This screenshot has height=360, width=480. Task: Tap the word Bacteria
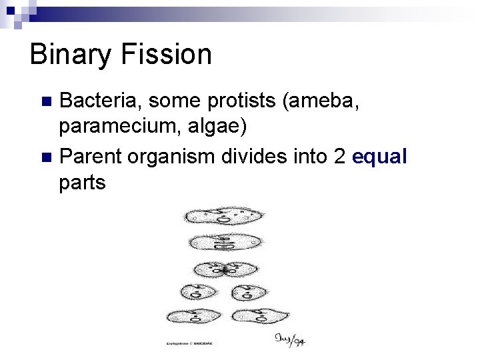pyautogui.click(x=99, y=101)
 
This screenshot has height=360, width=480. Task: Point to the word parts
pyautogui.click(x=82, y=183)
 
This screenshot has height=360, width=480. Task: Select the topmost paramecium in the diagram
pyautogui.click(x=223, y=216)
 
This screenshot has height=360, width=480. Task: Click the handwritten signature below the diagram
pyautogui.click(x=291, y=339)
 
